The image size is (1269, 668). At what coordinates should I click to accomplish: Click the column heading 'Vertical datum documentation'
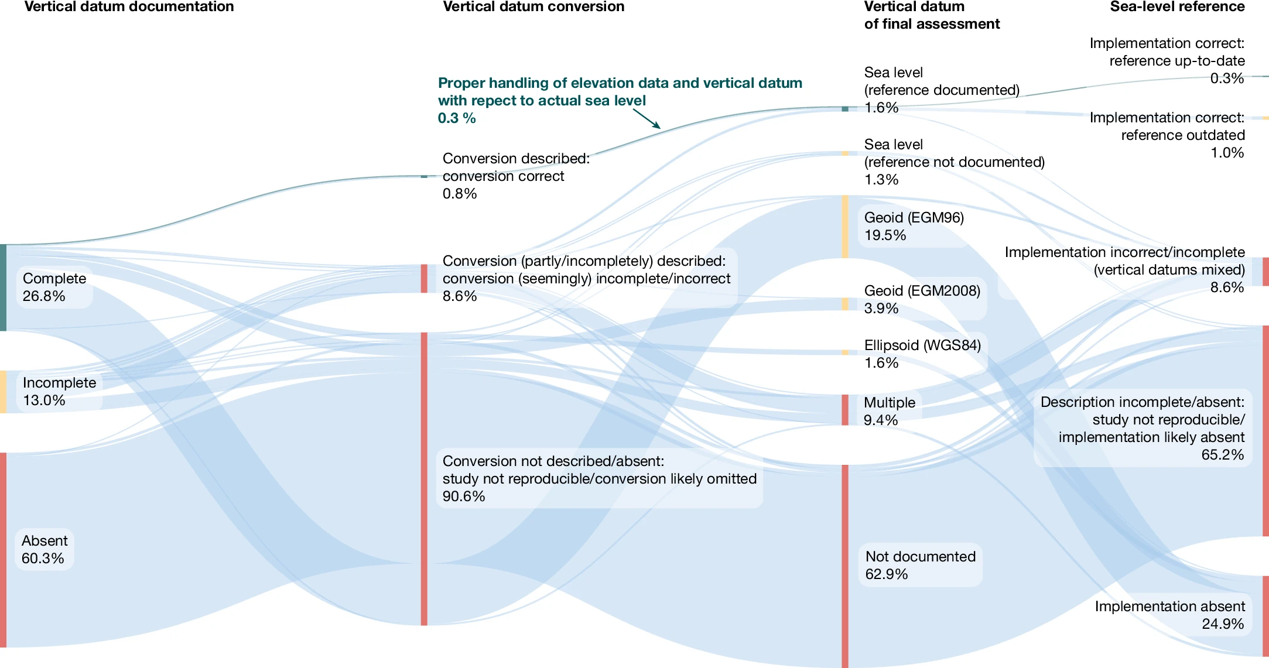click(129, 7)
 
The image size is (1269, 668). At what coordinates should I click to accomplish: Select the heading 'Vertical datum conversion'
click(533, 7)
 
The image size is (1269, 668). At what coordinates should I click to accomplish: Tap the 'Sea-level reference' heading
click(1177, 7)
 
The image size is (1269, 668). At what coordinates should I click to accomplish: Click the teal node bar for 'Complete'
click(3, 287)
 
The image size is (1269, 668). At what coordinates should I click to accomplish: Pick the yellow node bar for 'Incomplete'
click(3, 392)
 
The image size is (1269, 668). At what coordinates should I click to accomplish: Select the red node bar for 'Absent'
click(3, 549)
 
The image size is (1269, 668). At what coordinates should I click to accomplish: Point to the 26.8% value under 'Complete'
click(44, 296)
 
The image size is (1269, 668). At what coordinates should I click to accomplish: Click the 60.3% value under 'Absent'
click(43, 559)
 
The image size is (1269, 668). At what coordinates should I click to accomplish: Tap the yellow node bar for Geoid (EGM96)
click(845, 227)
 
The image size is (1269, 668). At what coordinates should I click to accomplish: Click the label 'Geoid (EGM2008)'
click(922, 291)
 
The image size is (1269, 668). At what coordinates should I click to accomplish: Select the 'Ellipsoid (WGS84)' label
click(922, 345)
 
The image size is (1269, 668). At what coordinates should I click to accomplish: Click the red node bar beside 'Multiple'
click(845, 410)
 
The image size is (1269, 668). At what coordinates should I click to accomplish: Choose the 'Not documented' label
click(921, 557)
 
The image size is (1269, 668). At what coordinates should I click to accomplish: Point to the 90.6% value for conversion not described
click(464, 496)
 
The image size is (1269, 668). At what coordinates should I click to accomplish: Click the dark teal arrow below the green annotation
click(647, 118)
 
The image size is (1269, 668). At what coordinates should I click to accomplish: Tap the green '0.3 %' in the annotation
click(457, 118)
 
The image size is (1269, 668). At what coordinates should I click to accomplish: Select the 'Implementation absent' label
click(1169, 607)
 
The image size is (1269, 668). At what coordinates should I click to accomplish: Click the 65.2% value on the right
click(1222, 455)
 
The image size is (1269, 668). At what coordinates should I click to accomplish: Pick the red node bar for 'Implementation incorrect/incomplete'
click(1265, 272)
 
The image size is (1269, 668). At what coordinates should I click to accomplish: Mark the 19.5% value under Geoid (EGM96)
click(885, 235)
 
